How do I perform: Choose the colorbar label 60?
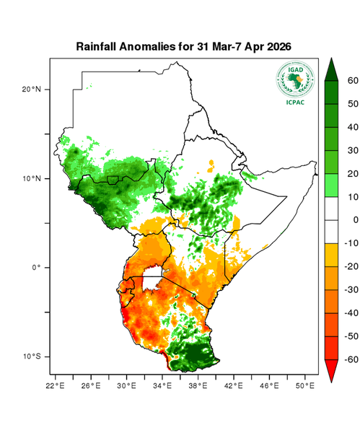pos(354,81)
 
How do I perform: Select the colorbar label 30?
pos(354,150)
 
